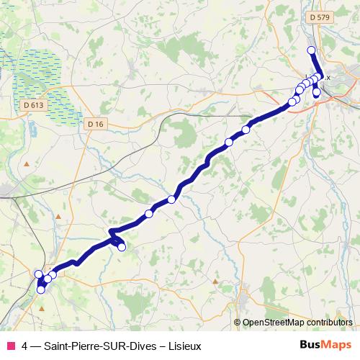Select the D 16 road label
[95, 124]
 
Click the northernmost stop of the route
[311, 50]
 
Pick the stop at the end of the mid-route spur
[122, 247]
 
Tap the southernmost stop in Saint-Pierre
[41, 289]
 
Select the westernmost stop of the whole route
[38, 274]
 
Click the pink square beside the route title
[10, 346]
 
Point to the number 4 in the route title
[25, 346]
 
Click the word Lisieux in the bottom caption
[184, 346]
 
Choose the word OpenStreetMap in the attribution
[280, 323]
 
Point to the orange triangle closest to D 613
[27, 165]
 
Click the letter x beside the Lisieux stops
[328, 77]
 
